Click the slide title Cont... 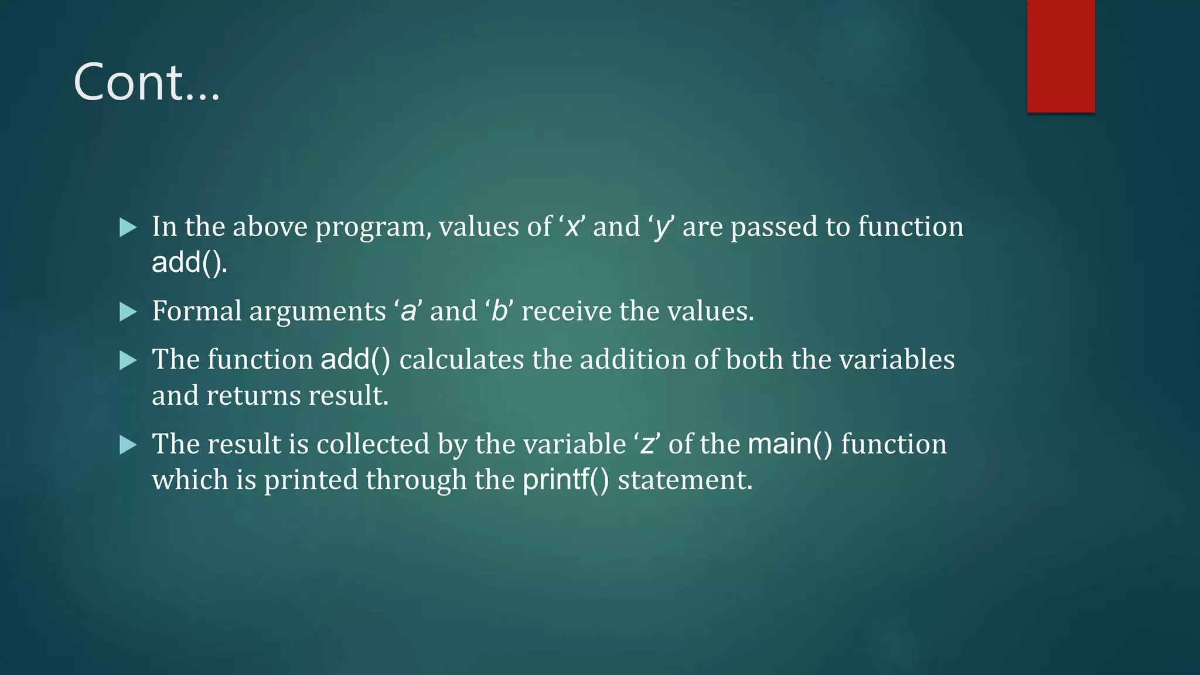146,83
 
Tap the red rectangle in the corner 1061,56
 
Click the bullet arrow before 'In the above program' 128,227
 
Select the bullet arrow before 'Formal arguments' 128,312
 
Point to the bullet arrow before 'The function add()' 128,360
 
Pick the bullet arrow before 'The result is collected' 128,445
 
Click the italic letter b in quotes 499,311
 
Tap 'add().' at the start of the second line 189,262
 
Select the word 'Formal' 196,311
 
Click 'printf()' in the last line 565,480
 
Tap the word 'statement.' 685,480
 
